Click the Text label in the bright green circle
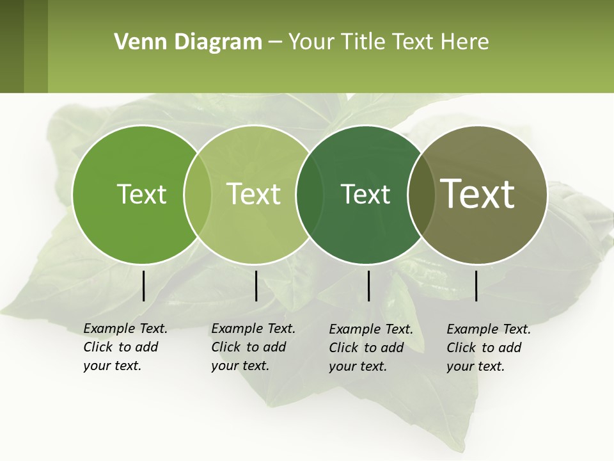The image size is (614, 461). coord(141,194)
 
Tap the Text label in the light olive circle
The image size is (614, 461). coord(254,194)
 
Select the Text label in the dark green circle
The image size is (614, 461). coord(365,194)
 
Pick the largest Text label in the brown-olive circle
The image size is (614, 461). coord(478,194)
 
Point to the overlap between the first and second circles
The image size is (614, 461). coord(198,194)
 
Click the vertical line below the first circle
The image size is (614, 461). coord(143,286)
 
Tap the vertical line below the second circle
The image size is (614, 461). coord(256,286)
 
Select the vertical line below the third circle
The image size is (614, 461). coord(368,286)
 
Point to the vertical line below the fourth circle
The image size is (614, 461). coord(476,286)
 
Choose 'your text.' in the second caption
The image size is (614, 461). coord(240,366)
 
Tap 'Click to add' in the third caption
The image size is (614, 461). coord(366,348)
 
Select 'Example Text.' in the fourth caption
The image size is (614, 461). coord(489,329)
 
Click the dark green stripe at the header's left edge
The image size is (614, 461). coord(12,47)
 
